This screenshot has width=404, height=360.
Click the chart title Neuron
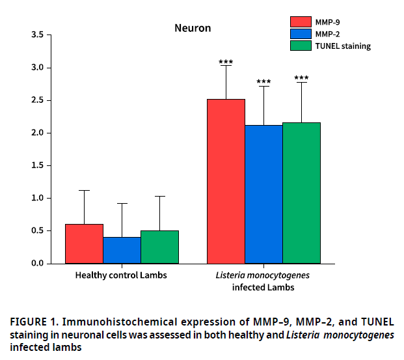coord(192,29)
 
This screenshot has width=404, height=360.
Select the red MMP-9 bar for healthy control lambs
coord(84,243)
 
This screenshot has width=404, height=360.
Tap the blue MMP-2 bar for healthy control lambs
coord(122,250)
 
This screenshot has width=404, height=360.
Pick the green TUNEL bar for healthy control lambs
coord(159,247)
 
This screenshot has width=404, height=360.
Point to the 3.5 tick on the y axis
coord(37,35)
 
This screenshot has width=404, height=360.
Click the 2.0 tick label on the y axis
coord(37,133)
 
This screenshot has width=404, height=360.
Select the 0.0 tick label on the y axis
coord(37,263)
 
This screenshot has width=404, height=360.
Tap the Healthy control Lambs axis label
coord(121,275)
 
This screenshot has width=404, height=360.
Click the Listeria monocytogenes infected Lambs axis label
coord(263,281)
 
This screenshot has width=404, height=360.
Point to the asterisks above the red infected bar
coord(226,62)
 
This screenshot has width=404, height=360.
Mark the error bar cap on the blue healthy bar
coord(122,203)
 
